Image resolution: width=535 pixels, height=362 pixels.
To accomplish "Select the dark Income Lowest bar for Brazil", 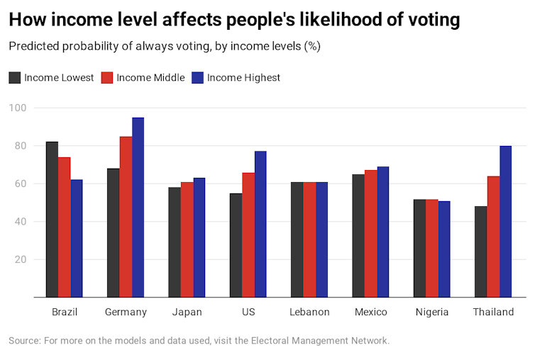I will (x=52, y=219).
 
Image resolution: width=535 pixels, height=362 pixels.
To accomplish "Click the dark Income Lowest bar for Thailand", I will (x=481, y=251).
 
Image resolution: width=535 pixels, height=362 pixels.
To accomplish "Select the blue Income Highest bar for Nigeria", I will (x=444, y=249).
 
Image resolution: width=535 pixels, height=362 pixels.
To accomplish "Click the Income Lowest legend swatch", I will (x=15, y=78).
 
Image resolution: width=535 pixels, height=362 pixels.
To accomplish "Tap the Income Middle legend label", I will (x=150, y=78).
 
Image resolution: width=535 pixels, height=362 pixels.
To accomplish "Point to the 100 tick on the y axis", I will (x=18, y=108).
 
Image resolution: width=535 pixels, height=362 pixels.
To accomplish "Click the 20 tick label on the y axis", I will (x=20, y=259).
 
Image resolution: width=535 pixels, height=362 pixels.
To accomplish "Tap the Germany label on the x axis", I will (x=126, y=312).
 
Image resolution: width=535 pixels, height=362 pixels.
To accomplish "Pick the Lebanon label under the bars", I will (x=309, y=312).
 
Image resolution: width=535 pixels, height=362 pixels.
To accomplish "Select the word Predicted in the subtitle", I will (x=33, y=47).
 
